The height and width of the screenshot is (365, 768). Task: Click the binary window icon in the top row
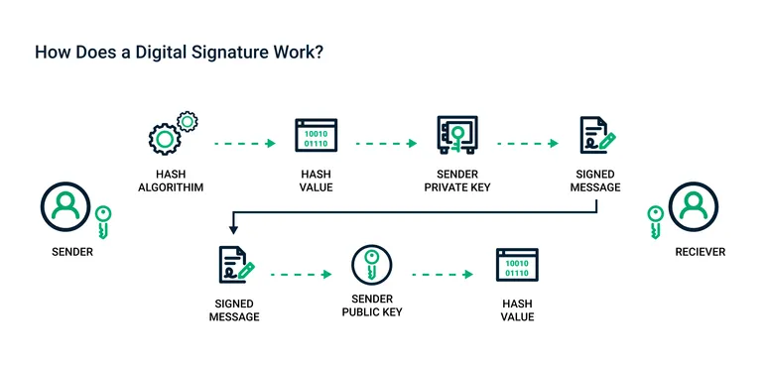point(316,135)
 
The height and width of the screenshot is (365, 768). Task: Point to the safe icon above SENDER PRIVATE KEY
point(457,135)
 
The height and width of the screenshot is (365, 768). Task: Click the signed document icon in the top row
point(596,135)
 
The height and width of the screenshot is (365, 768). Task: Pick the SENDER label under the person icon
point(71,252)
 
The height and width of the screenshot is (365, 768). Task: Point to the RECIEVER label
point(699,252)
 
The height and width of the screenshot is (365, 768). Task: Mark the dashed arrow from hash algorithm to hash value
point(244,144)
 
